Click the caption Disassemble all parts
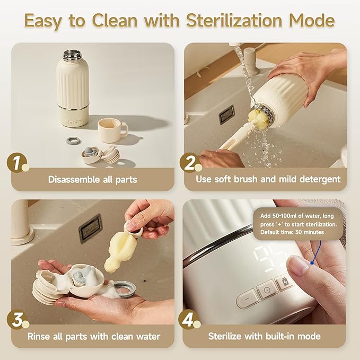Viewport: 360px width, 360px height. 92,179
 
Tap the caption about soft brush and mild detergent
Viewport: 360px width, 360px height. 268,179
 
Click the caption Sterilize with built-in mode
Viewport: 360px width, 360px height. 264,336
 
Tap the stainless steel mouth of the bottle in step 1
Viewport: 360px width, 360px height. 73,55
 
